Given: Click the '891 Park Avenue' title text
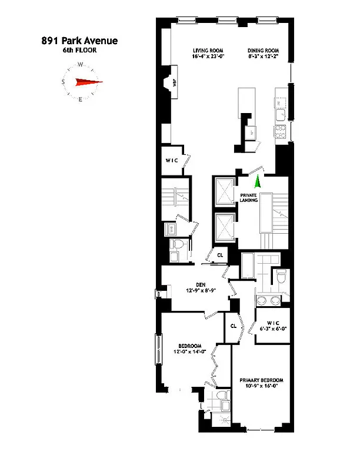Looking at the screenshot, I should tap(79, 41).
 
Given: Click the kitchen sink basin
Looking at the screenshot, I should tap(280, 114).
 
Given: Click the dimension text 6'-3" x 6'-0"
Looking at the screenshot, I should tap(273, 329).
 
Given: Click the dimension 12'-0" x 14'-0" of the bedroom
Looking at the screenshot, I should tap(189, 352).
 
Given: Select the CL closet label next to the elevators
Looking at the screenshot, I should tap(220, 255).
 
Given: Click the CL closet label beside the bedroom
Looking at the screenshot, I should tap(234, 325).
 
